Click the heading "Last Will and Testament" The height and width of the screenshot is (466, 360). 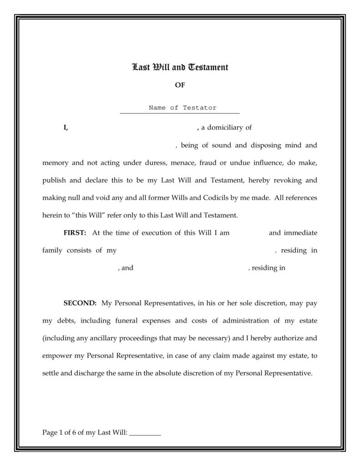click(x=180, y=68)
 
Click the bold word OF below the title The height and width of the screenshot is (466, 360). click(x=180, y=85)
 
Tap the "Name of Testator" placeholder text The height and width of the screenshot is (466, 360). click(x=183, y=108)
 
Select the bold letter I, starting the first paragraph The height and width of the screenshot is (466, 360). click(x=66, y=128)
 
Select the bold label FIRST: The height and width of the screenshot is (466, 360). click(x=75, y=233)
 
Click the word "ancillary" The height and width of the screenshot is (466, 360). click(x=94, y=338)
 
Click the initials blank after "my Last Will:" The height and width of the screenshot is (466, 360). click(x=145, y=433)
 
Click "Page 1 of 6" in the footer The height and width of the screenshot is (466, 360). click(x=59, y=432)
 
